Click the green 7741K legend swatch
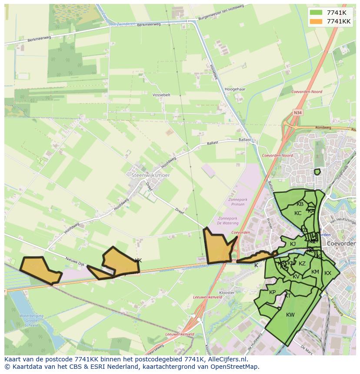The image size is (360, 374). pyautogui.click(x=317, y=13)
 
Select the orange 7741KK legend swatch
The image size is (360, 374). pyautogui.click(x=317, y=21)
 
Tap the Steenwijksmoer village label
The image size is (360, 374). pyautogui.click(x=150, y=175)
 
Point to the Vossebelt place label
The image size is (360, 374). pyautogui.click(x=162, y=94)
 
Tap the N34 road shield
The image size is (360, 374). pyautogui.click(x=297, y=113)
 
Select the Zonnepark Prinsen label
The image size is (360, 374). pyautogui.click(x=237, y=202)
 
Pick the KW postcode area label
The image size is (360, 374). pyautogui.click(x=290, y=315)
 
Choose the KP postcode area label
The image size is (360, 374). pyautogui.click(x=273, y=292)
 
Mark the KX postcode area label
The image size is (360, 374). pyautogui.click(x=328, y=273)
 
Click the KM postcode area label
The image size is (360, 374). pyautogui.click(x=315, y=272)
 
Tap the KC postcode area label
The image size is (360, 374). pyautogui.click(x=298, y=213)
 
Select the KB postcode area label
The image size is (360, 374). pyautogui.click(x=300, y=204)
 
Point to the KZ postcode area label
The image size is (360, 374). pyautogui.click(x=302, y=264)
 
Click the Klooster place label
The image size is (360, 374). pyautogui.click(x=227, y=293)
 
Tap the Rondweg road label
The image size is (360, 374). pyautogui.click(x=323, y=128)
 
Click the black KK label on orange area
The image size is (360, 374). pyautogui.click(x=138, y=261)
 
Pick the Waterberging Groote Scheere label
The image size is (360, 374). pyautogui.click(x=29, y=318)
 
